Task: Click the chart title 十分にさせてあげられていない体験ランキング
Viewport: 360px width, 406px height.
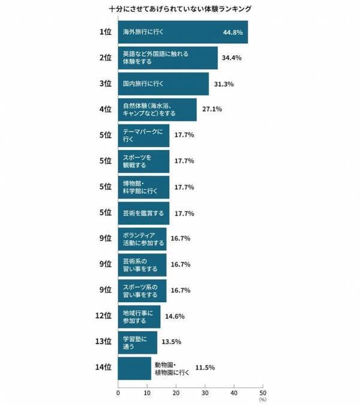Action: [x=180, y=9]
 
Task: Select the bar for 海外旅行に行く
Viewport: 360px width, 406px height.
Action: [x=183, y=32]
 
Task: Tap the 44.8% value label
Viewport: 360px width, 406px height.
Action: [x=232, y=32]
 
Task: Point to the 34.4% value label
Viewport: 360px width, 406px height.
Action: [x=232, y=58]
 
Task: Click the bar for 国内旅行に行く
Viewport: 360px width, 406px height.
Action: [x=163, y=83]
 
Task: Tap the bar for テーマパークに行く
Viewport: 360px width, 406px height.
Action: [x=144, y=135]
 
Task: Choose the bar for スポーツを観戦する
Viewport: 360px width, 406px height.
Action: [x=144, y=161]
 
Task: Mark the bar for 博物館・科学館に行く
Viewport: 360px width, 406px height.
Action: [x=144, y=187]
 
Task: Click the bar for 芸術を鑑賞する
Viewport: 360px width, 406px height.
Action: [x=144, y=213]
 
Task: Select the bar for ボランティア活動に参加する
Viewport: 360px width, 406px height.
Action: [x=142, y=238]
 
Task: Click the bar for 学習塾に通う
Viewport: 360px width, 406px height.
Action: [x=138, y=342]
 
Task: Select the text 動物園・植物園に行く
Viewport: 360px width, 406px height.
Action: [x=172, y=368]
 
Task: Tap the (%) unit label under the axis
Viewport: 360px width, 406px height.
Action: [x=262, y=399]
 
